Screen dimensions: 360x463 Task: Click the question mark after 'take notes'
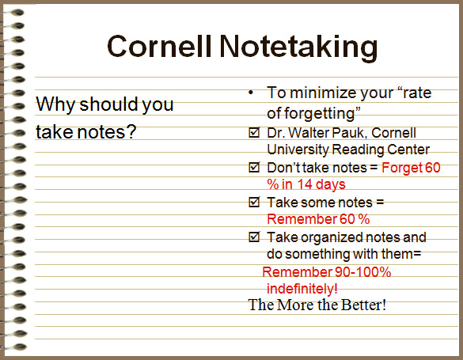(x=131, y=131)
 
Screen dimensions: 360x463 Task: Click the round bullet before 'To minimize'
(x=252, y=93)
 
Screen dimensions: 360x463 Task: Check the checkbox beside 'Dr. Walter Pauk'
(x=254, y=132)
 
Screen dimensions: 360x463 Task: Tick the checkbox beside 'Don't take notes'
(x=254, y=168)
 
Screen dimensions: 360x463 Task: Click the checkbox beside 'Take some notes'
(x=254, y=203)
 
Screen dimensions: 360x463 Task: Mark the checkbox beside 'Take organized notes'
(x=254, y=237)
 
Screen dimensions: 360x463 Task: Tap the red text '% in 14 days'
(x=306, y=185)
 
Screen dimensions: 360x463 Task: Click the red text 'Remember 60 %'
(x=318, y=219)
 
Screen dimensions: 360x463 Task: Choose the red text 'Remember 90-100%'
(x=326, y=272)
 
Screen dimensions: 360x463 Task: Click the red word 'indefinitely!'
(x=302, y=289)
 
